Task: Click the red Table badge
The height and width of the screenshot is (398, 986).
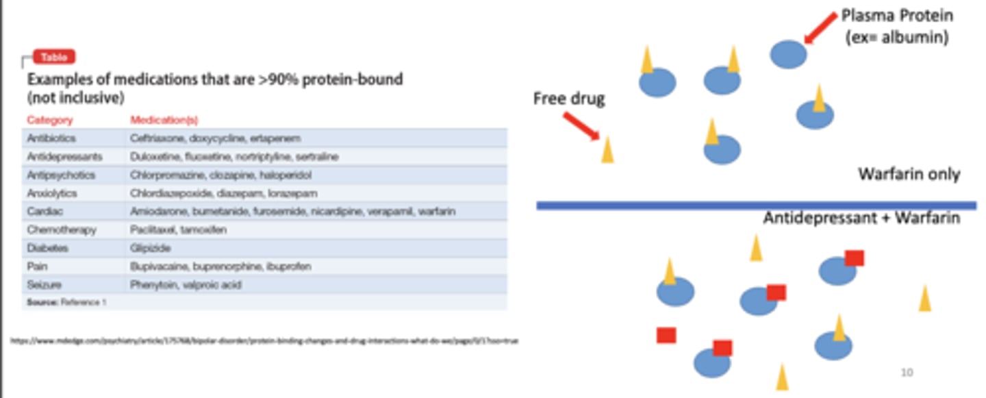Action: pos(54,58)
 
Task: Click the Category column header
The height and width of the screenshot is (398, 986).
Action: pos(49,120)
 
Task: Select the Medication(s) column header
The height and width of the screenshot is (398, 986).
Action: pos(164,120)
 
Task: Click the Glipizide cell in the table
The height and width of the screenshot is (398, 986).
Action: pos(150,248)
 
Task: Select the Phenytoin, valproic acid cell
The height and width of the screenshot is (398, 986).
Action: pos(186,284)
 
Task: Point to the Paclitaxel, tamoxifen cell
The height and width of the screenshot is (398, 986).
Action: pos(178,229)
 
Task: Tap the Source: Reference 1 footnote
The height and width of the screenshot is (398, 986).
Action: pos(66,301)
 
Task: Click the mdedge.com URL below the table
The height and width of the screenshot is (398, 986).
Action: pos(264,340)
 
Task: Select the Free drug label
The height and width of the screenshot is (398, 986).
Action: pos(569,99)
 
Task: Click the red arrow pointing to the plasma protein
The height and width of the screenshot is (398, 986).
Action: pos(821,28)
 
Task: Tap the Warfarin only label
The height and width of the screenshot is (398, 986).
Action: pos(909,175)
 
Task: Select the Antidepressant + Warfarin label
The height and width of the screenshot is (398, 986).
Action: pos(861,218)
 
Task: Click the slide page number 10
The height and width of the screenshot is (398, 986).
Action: pos(906,372)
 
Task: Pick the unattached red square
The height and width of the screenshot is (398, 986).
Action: pos(666,335)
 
